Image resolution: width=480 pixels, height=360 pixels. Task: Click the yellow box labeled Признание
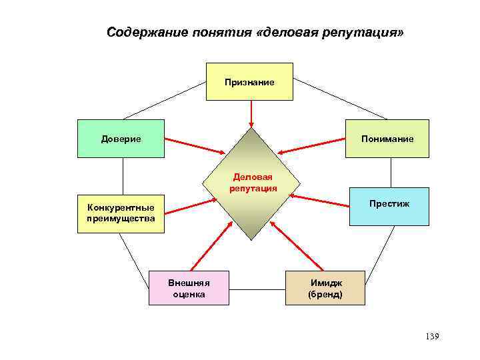[249, 81]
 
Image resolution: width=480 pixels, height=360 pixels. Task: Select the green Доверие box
[121, 139]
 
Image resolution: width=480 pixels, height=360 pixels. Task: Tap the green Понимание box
[387, 139]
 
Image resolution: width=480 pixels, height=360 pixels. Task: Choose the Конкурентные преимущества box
[121, 213]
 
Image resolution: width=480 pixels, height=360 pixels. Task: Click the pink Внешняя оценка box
[189, 287]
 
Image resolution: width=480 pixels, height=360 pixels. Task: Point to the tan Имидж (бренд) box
[325, 287]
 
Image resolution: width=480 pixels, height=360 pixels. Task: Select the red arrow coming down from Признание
[251, 113]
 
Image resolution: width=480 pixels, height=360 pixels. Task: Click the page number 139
[431, 336]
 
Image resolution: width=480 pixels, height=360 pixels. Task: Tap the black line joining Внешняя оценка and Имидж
[257, 290]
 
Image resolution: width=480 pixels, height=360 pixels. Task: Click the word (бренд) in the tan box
[325, 294]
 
